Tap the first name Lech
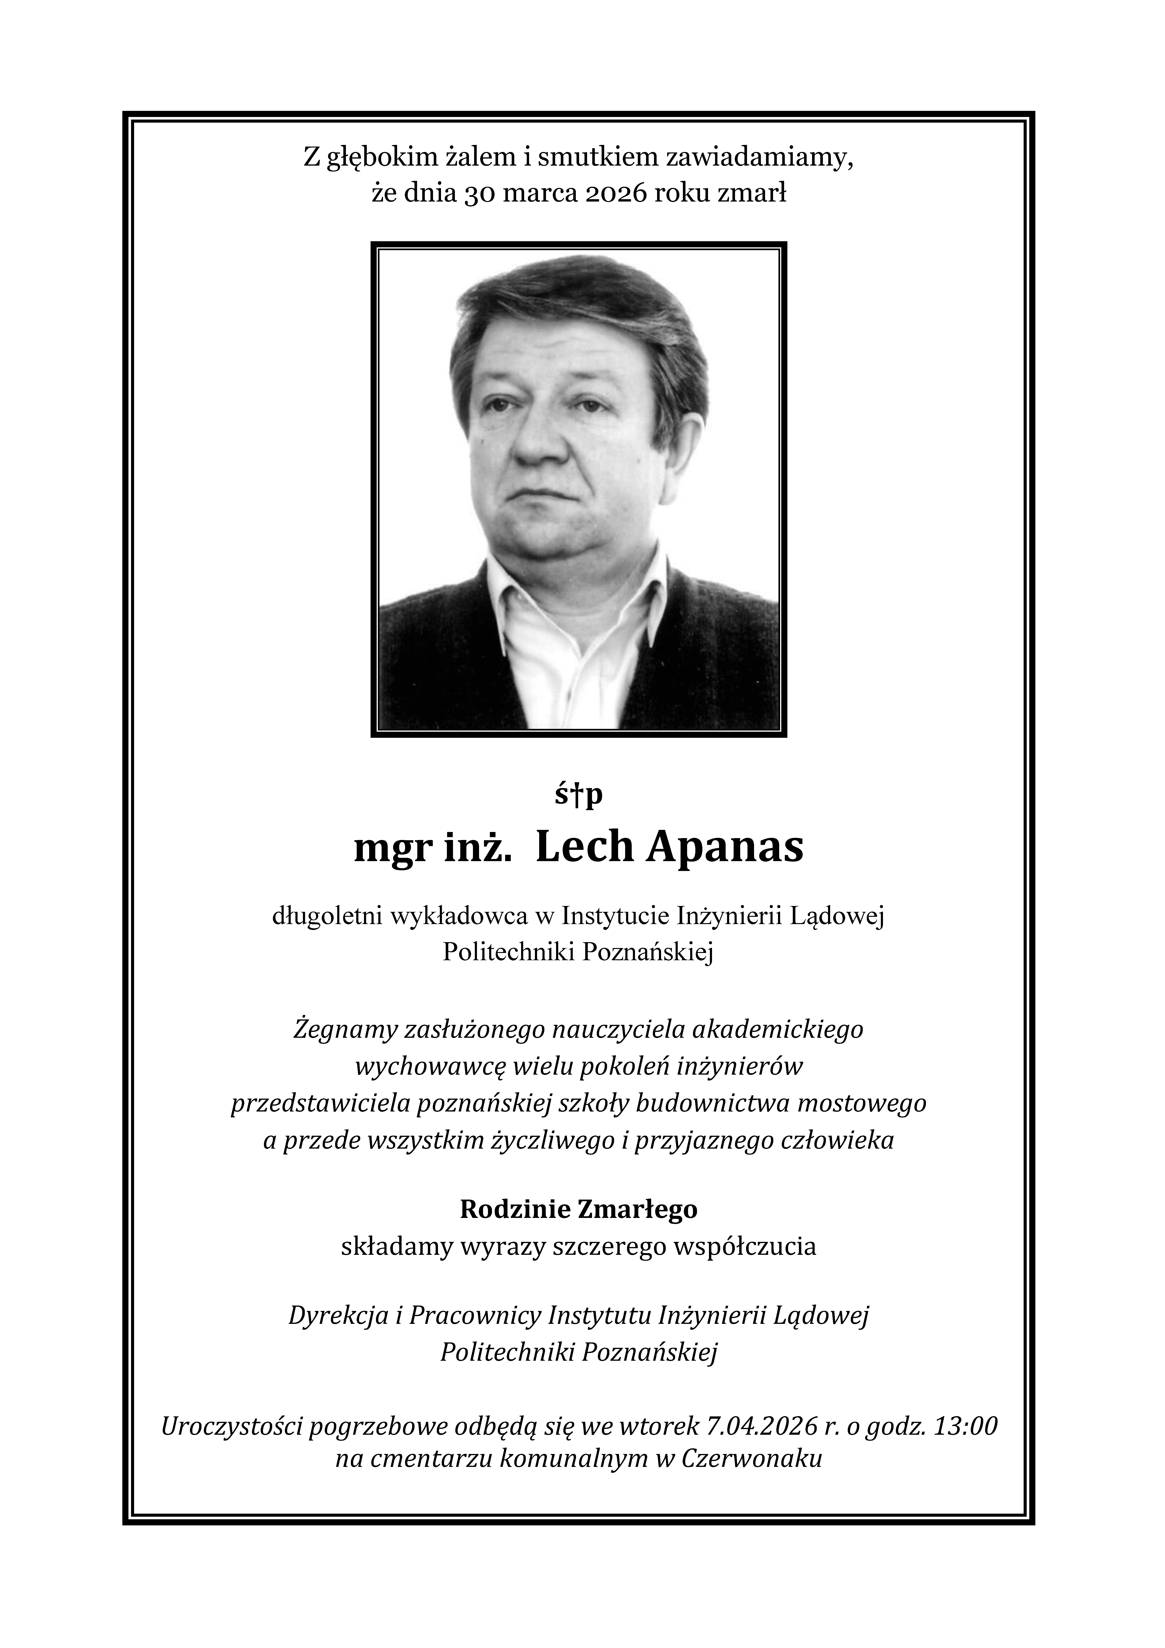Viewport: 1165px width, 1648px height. pos(584,848)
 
